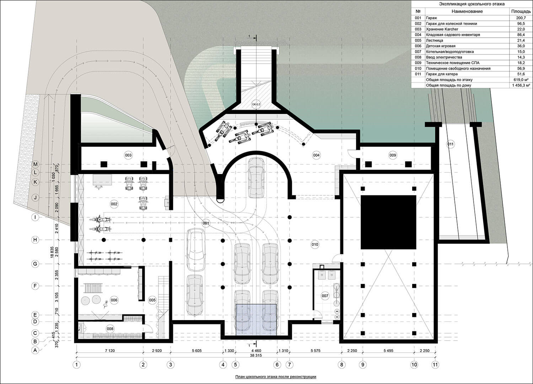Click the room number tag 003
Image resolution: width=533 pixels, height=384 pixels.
tap(128, 155)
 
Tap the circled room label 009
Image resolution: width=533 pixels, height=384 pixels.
tap(393, 155)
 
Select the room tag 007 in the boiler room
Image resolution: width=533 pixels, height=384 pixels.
tap(325, 296)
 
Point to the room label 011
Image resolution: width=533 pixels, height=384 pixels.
tap(451, 144)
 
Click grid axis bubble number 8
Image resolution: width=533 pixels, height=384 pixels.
tap(341, 364)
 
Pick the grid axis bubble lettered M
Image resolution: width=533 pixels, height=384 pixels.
tap(36, 164)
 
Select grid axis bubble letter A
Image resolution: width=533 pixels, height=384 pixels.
tap(35, 350)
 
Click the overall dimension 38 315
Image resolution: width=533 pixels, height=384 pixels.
tap(256, 356)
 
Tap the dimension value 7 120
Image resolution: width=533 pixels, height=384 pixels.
tap(110, 351)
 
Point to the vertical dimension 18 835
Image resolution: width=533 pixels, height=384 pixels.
tap(52, 252)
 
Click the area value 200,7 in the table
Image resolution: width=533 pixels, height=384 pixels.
tap(521, 18)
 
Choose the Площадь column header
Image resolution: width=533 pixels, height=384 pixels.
tap(521, 11)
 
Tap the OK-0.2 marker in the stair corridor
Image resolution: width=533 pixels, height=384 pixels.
tap(256, 104)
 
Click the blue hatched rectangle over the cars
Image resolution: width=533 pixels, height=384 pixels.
tap(256, 320)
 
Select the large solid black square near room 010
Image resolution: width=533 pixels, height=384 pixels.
tap(388, 222)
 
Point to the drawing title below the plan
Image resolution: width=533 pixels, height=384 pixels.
tap(275, 377)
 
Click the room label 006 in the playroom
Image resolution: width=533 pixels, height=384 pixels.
tap(114, 300)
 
